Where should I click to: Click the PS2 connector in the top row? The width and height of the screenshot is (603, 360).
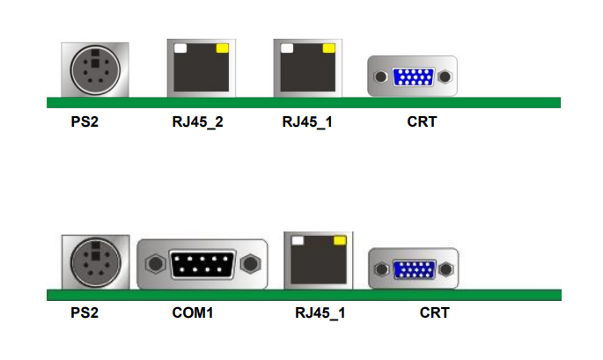94,69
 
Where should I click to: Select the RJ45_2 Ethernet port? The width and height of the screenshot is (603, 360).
201,69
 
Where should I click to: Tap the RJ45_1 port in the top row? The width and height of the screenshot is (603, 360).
306,68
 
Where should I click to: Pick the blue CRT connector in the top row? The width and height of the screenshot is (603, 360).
412,77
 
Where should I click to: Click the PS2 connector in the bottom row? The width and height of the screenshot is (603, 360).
94,261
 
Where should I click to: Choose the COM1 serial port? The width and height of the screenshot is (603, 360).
202,263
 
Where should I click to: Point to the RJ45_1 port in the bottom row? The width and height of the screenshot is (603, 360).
318,260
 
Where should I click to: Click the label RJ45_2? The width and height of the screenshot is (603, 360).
197,121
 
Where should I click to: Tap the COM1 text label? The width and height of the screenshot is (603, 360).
193,312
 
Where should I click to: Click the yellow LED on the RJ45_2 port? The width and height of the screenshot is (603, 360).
222,48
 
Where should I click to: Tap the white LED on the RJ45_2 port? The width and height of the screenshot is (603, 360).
180,48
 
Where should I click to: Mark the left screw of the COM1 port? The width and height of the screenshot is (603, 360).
155,262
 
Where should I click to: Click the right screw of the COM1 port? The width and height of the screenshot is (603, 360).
251,262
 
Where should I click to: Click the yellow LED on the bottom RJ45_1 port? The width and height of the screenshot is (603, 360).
339,239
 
